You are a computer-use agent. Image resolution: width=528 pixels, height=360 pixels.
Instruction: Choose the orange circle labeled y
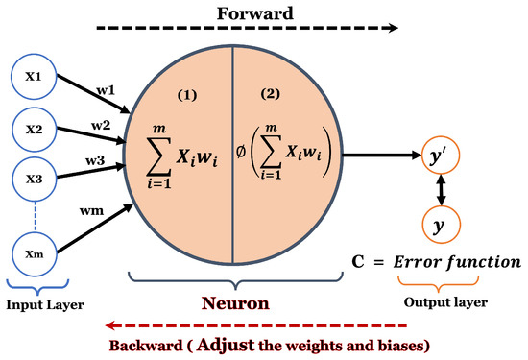click(x=441, y=227)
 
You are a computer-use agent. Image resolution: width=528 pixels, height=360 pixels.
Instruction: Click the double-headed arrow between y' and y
click(x=441, y=190)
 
